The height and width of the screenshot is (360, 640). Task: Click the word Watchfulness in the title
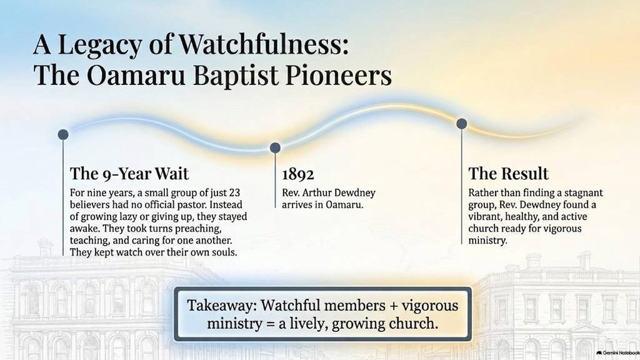point(264,44)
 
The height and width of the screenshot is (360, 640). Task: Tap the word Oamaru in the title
point(136,75)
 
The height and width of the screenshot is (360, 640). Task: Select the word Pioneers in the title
point(338,75)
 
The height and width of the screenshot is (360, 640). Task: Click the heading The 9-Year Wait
point(129,174)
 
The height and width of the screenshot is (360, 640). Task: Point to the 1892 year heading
point(298,174)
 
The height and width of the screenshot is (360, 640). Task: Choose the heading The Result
point(508,174)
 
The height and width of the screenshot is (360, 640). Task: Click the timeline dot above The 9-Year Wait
point(63,134)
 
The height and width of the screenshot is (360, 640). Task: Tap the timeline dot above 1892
point(275,147)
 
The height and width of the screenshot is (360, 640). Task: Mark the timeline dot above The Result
point(462,123)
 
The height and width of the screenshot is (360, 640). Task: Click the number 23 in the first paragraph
point(234,192)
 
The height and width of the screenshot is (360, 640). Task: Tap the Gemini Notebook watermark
point(617,352)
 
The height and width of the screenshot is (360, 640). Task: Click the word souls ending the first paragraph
point(224,252)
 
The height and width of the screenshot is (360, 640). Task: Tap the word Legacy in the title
point(99,45)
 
